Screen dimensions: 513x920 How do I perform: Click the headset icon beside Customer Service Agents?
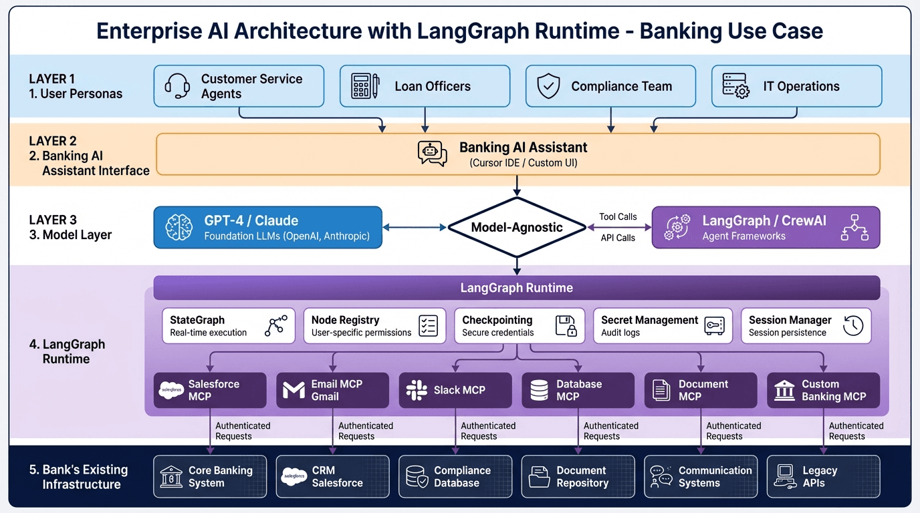coord(177,86)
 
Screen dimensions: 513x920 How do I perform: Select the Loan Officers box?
coord(424,86)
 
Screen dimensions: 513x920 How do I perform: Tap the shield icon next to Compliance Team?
coord(548,86)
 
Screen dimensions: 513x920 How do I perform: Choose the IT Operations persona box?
coord(796,86)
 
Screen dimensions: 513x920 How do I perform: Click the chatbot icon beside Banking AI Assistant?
coord(432,154)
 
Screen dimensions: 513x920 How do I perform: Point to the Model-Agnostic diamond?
coord(516,227)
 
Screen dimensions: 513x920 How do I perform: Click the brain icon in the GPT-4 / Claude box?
coord(179,228)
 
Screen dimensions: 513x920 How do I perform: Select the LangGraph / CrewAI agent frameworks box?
coord(766,228)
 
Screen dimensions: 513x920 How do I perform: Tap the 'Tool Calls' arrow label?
coord(617,216)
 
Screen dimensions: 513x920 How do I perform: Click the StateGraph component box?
coord(229,326)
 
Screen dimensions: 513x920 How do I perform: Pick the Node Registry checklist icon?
coord(428,326)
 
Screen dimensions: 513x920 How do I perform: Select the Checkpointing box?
coord(519,326)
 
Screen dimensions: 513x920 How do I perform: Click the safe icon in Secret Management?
coord(714,326)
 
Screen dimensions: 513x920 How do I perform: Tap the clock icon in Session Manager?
coord(853,326)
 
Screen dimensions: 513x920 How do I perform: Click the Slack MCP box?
coord(455,390)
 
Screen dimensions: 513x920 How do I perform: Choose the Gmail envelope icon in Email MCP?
coord(294,391)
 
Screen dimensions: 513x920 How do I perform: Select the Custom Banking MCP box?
coord(823,390)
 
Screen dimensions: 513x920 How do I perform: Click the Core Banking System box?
coord(210,476)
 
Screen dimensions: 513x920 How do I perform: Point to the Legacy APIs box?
coord(823,476)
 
